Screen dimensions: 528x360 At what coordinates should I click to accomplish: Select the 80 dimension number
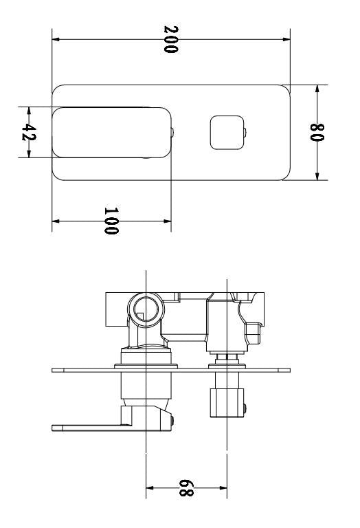coord(317,133)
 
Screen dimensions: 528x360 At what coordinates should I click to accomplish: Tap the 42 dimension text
coord(28,133)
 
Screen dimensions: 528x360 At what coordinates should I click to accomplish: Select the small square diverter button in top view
coord(226,132)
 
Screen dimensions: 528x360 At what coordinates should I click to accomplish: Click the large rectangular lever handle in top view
coord(111,132)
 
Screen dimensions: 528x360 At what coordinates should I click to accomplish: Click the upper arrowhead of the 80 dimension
coord(317,89)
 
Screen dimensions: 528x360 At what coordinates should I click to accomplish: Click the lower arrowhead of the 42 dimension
coord(28,155)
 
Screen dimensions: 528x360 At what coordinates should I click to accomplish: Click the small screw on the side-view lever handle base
coord(174,420)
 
